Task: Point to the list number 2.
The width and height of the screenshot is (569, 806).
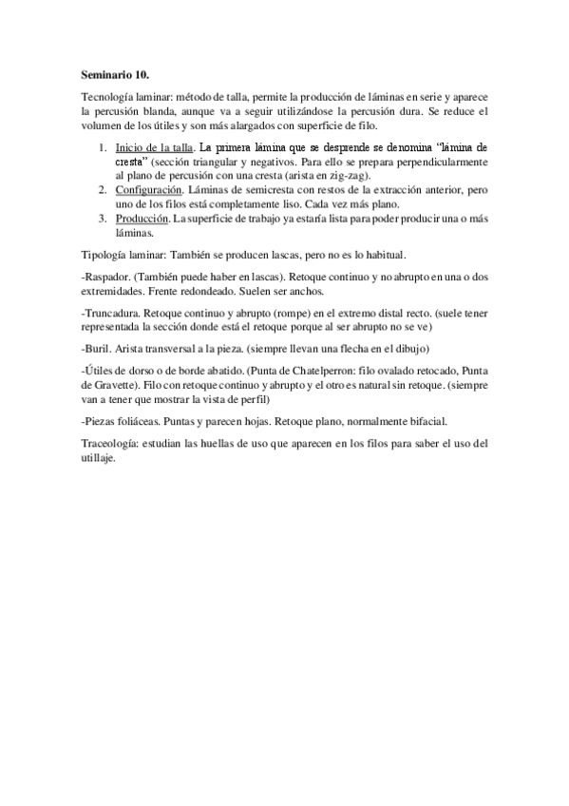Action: click(104, 190)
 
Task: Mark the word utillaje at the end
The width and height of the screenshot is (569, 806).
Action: click(98, 458)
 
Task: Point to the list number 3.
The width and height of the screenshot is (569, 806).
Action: click(104, 220)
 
